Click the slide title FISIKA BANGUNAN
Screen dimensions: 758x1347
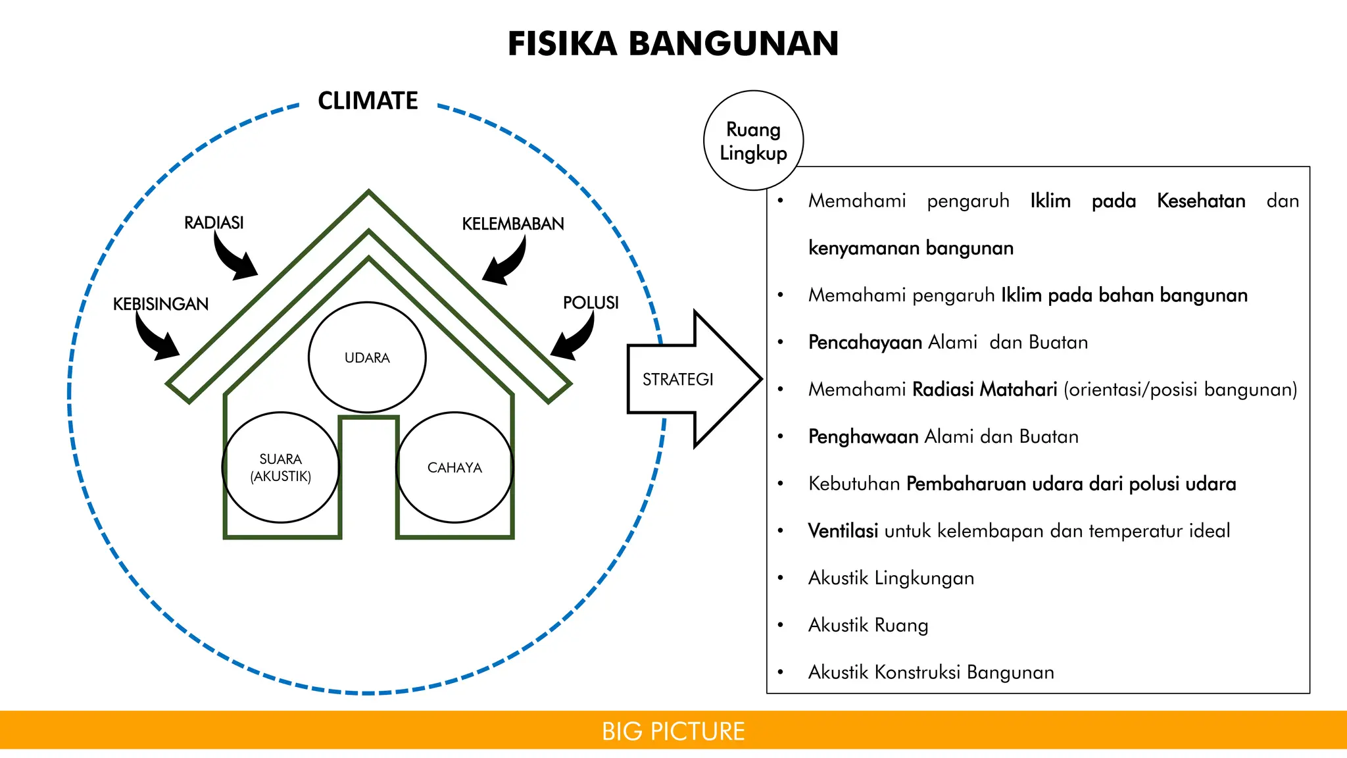pos(673,44)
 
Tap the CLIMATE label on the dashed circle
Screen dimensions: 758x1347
pos(368,101)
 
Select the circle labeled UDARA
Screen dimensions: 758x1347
pos(367,357)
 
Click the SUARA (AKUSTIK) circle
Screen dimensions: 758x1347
pos(281,467)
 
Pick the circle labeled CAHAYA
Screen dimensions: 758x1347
pos(454,467)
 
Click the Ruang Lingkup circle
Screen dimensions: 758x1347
pos(753,141)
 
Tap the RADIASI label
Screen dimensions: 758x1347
pos(214,222)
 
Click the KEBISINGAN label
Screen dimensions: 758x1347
pos(160,303)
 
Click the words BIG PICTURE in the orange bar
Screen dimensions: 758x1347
pos(673,731)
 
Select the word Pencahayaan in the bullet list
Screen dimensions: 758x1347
pos(865,342)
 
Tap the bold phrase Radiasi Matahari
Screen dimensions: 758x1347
pos(985,390)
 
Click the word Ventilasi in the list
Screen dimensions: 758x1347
pos(843,530)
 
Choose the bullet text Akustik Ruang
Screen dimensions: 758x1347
pos(868,625)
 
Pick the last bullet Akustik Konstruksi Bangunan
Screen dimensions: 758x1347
pos(931,672)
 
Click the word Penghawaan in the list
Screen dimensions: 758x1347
pos(863,436)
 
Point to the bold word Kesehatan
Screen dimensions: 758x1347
pos(1200,201)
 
